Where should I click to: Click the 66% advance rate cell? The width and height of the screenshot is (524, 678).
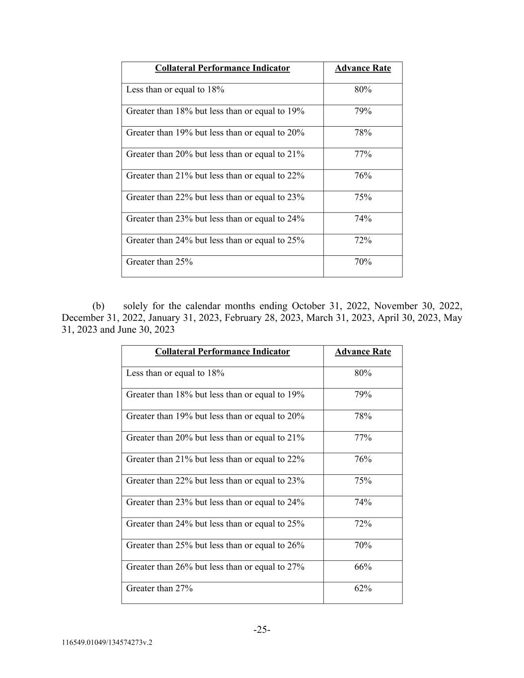pos(363,567)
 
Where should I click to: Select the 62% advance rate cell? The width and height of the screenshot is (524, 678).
pos(363,588)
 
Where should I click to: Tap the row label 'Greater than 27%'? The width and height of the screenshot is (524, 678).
pos(159,588)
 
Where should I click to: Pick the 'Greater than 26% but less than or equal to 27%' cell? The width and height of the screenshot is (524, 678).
pos(215,567)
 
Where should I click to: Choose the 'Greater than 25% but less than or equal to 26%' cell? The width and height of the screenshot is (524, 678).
pos(215,545)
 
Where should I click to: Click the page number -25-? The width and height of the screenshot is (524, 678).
pos(262,630)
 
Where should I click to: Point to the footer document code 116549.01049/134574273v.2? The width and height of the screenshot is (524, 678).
pos(107,642)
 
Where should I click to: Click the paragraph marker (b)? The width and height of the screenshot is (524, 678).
pos(98,306)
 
